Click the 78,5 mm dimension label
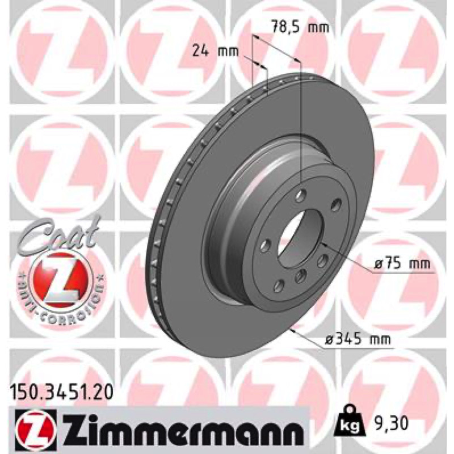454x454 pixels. pyautogui.click(x=300, y=27)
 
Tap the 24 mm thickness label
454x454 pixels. pyautogui.click(x=216, y=52)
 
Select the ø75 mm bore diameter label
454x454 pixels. pyautogui.click(x=402, y=264)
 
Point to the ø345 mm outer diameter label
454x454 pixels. pyautogui.click(x=358, y=338)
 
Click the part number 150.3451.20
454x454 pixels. pyautogui.click(x=61, y=393)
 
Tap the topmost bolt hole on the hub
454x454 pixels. pyautogui.click(x=300, y=195)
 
